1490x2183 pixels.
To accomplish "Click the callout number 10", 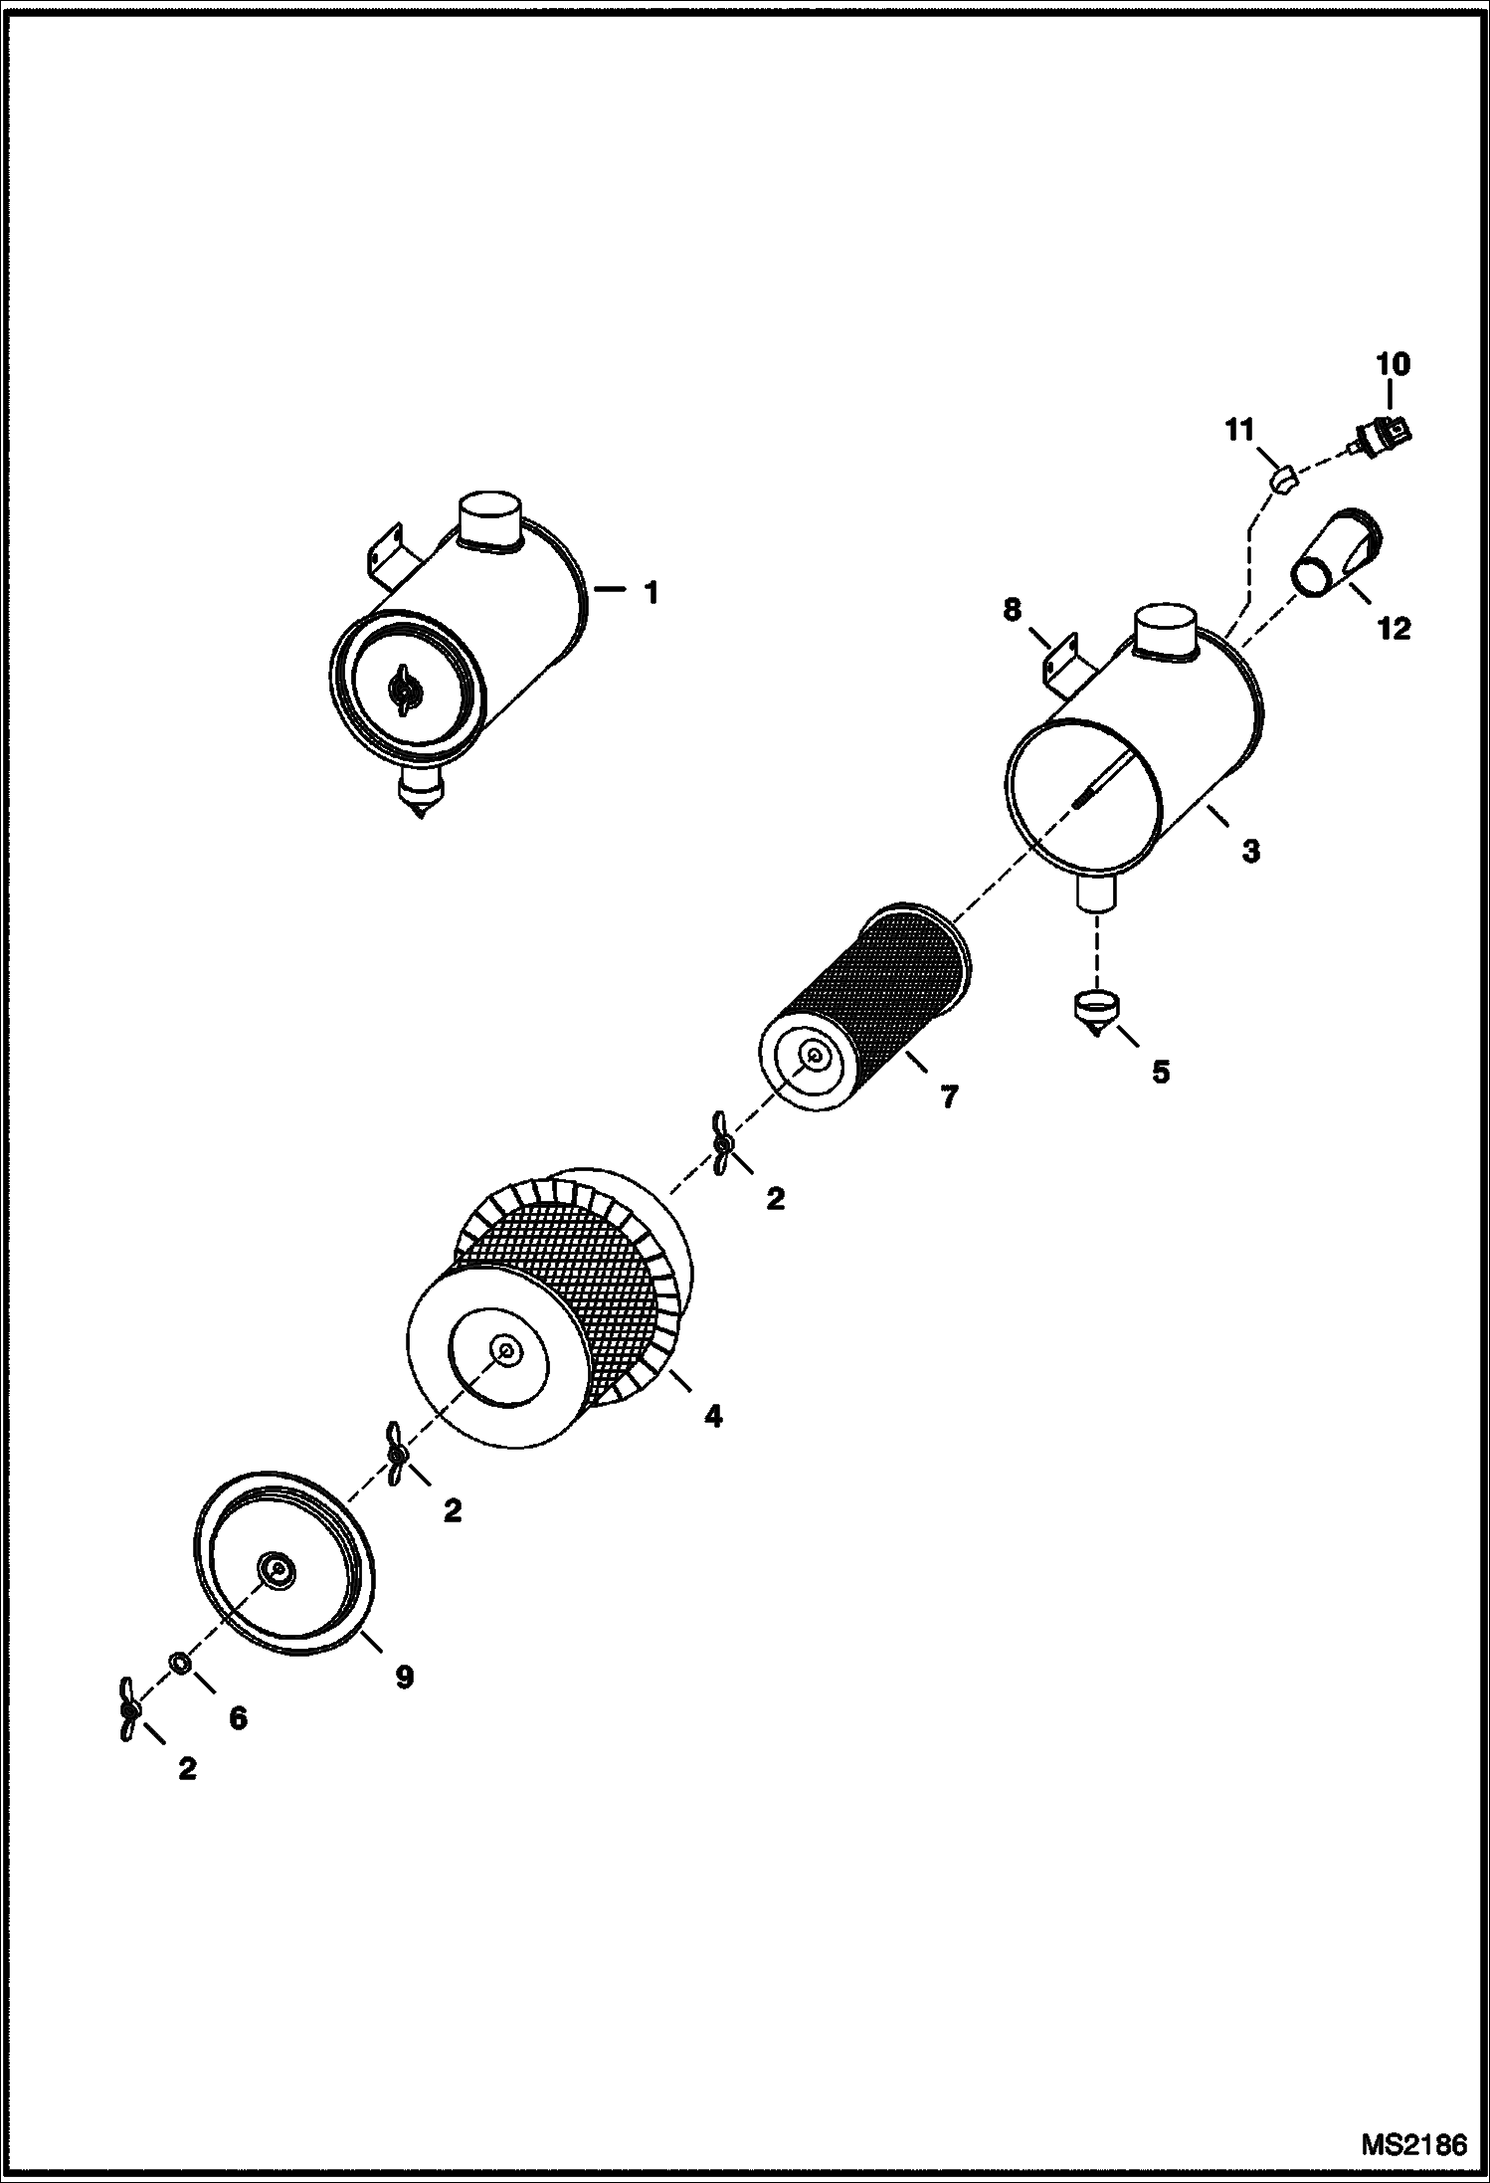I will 1393,364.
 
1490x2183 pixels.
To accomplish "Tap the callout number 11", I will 1238,431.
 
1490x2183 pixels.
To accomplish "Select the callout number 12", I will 1395,629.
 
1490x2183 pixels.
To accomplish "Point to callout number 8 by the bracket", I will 1012,609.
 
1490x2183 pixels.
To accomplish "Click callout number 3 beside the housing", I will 1250,851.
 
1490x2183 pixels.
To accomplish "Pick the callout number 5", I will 1161,1073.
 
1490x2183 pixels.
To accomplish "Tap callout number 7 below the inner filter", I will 948,1096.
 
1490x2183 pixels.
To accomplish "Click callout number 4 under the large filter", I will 713,1416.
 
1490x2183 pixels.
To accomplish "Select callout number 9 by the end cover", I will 404,1678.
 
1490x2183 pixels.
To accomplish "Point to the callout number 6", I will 238,1718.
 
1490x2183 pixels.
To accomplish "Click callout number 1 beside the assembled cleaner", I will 651,593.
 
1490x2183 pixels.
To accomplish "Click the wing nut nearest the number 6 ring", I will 128,1708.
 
